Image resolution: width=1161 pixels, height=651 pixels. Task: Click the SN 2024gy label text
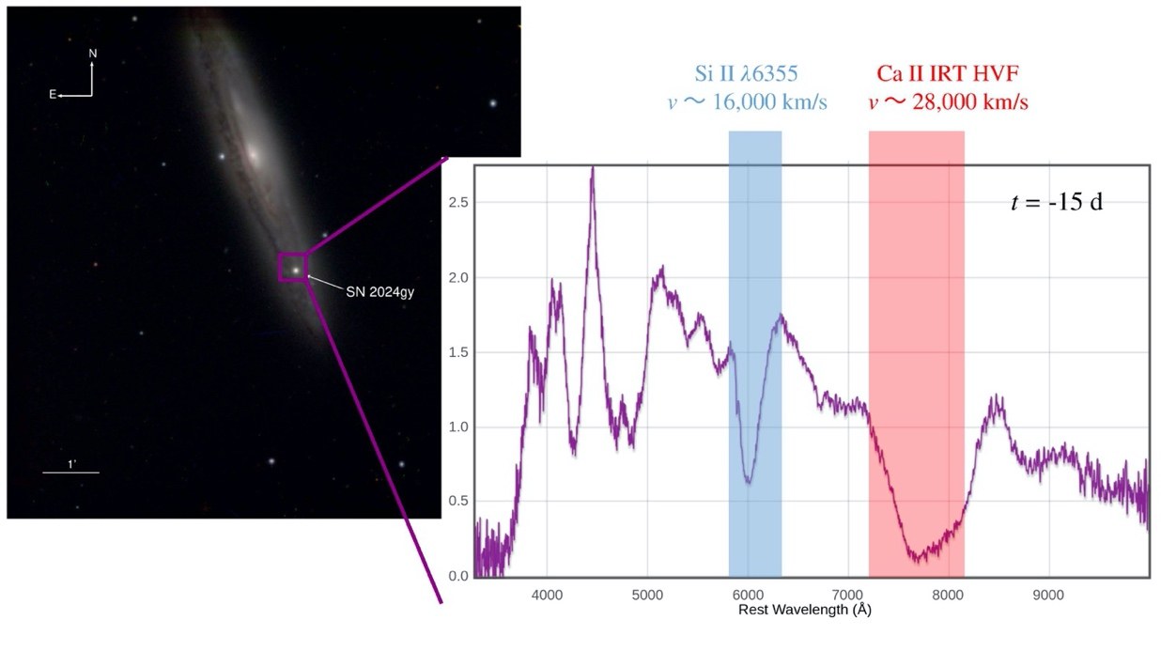pos(379,292)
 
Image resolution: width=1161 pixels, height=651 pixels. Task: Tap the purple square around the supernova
pos(293,267)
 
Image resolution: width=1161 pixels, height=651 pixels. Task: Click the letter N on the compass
pos(93,54)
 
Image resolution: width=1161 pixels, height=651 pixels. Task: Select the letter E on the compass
pos(53,95)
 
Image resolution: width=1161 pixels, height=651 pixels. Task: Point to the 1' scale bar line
pos(70,472)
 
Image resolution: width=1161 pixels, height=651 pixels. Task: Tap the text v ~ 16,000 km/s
pos(747,101)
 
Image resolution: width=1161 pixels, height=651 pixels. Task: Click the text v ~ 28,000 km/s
pos(947,101)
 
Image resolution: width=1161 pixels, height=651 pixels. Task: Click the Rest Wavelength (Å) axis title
pos(804,610)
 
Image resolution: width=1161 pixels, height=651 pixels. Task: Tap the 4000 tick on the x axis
pos(547,594)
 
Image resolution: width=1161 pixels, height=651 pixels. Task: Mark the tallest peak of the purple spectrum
pos(592,168)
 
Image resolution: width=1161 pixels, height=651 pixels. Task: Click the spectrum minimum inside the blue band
pos(748,482)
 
